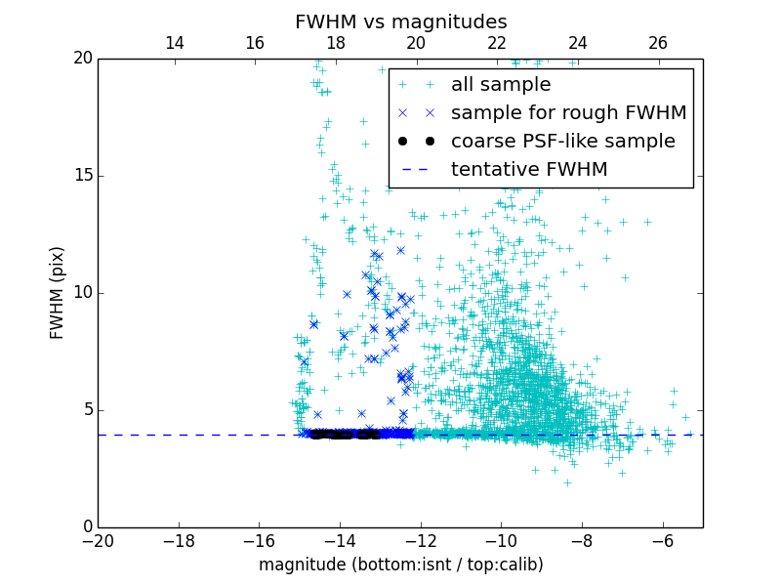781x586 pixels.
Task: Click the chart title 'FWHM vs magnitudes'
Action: [400, 21]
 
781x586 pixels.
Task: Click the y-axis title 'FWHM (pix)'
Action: [58, 293]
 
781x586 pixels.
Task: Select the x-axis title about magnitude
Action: [400, 565]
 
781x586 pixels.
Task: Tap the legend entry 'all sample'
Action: [500, 85]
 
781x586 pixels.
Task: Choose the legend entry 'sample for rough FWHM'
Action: [568, 112]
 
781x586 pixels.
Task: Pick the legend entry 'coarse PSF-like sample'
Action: [562, 141]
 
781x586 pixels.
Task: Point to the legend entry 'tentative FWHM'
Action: [528, 169]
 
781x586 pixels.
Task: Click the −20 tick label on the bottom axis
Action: [98, 541]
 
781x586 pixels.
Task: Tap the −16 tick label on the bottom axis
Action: [259, 541]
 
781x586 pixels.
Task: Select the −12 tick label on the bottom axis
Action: [420, 541]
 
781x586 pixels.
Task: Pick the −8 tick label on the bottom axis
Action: [581, 541]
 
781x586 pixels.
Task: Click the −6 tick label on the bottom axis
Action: [662, 541]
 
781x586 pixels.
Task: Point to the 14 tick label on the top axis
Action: [175, 43]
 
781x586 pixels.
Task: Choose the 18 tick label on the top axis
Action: [336, 43]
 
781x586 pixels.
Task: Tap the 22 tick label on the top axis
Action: [497, 43]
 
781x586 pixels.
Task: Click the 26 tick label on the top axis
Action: [658, 43]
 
